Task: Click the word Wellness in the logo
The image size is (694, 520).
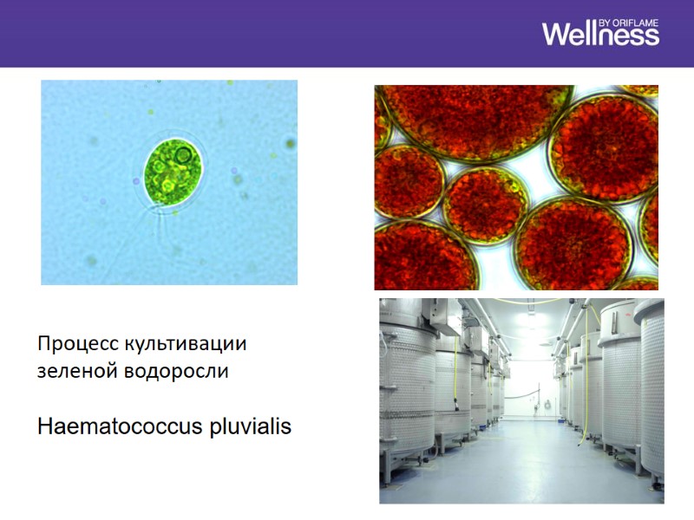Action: tap(600, 35)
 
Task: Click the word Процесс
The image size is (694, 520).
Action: tap(70, 343)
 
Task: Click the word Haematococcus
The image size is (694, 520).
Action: tap(120, 427)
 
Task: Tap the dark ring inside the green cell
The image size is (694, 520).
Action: tap(183, 156)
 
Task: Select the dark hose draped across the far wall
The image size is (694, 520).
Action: tap(525, 394)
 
